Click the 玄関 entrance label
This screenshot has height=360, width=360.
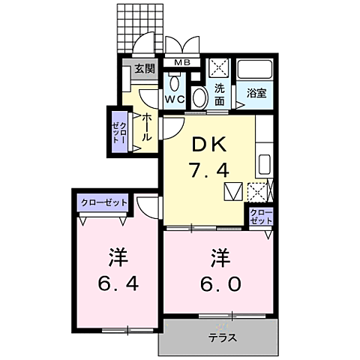click(x=145, y=69)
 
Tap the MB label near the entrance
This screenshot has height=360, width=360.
click(x=181, y=63)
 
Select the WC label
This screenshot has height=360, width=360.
click(x=175, y=99)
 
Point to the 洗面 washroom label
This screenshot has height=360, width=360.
click(x=220, y=93)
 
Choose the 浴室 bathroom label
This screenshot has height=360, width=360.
click(x=257, y=94)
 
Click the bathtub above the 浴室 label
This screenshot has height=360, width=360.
click(x=256, y=72)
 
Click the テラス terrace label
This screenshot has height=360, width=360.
click(x=222, y=337)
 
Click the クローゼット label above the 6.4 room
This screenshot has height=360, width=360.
click(x=103, y=202)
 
